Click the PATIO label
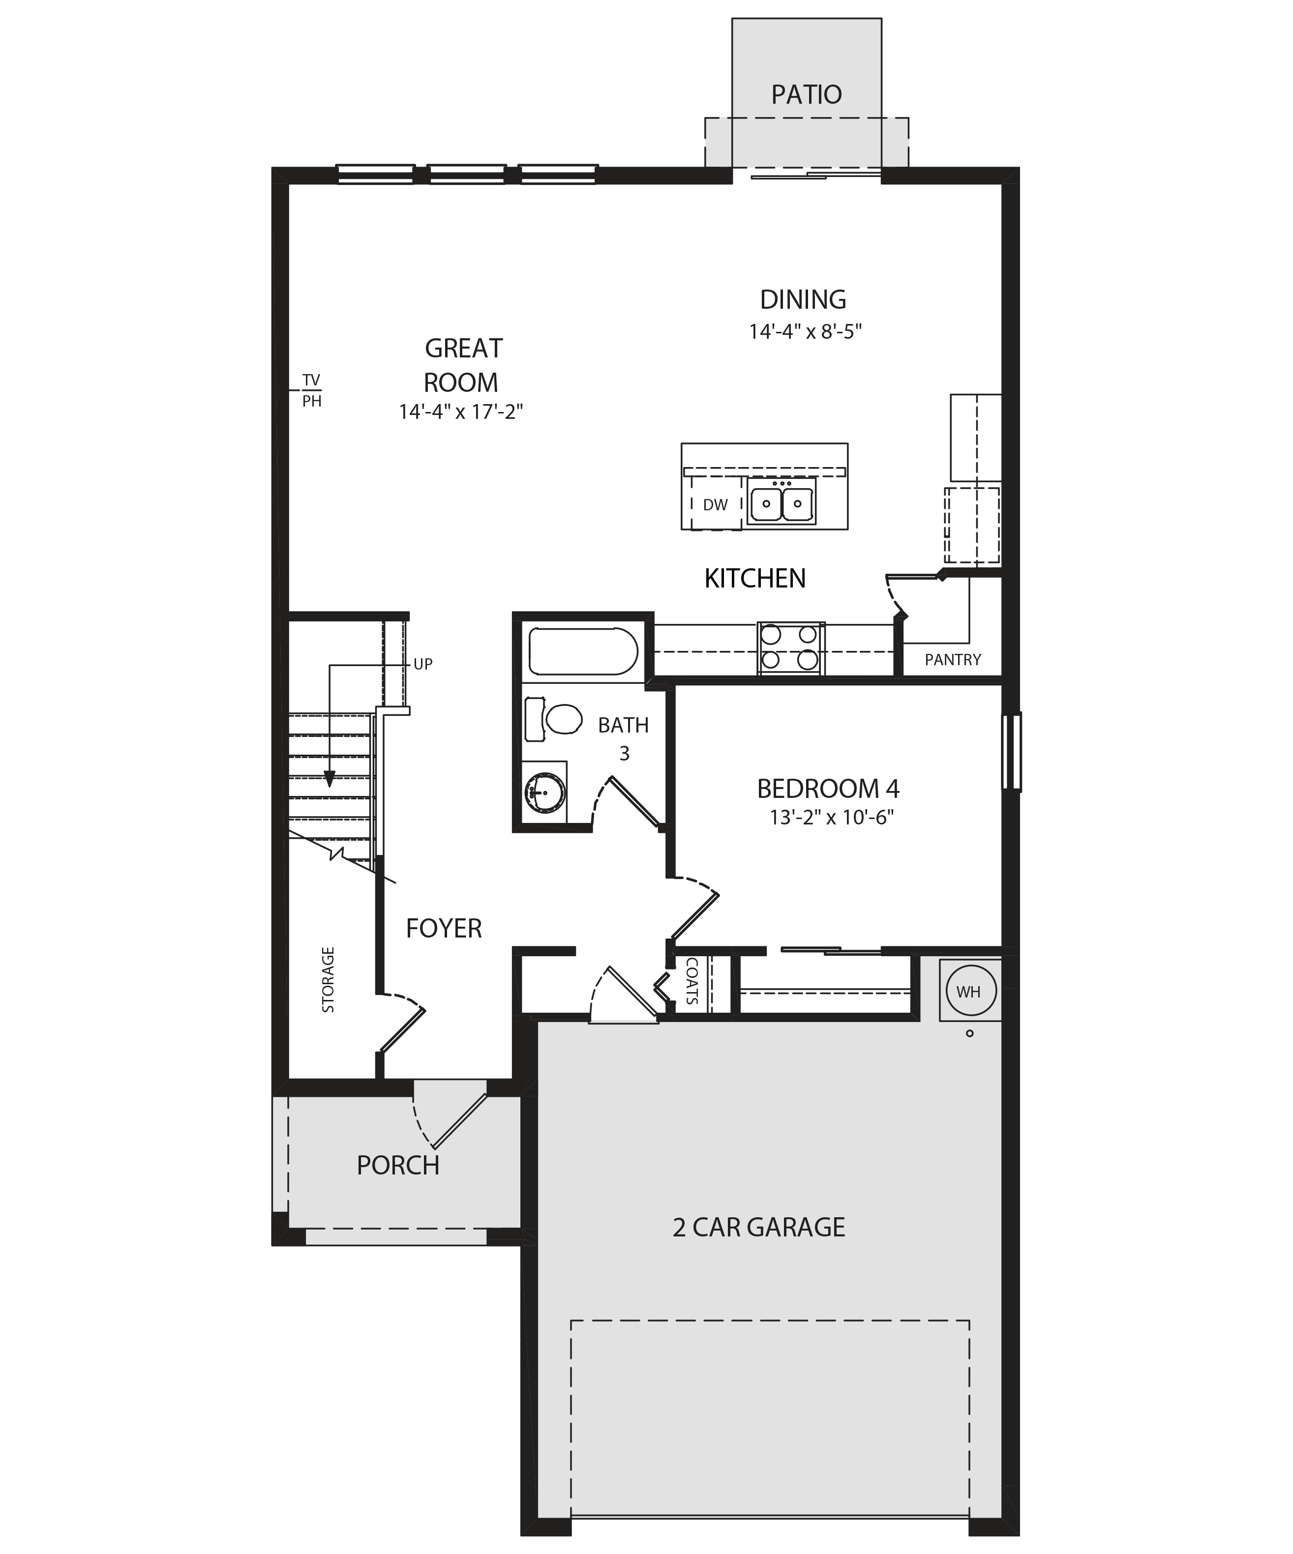[x=806, y=95]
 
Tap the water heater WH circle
[x=969, y=991]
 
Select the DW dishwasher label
[x=715, y=505]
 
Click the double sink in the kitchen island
[x=782, y=503]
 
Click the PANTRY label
[x=953, y=659]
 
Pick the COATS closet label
[x=692, y=981]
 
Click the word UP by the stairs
[x=422, y=665]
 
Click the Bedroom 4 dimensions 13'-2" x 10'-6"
[x=832, y=818]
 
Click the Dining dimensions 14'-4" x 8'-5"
[x=805, y=331]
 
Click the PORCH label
[x=398, y=1166]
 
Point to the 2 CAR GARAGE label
[x=758, y=1227]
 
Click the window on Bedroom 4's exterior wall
[x=1011, y=751]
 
